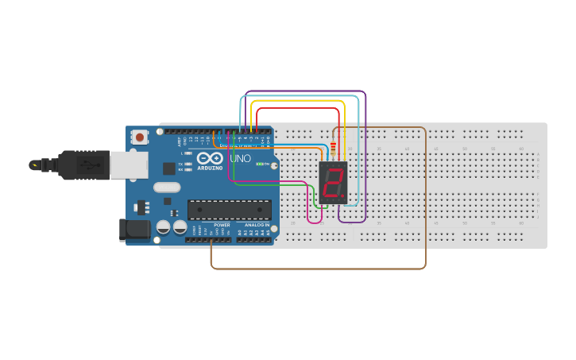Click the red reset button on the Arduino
[140, 137]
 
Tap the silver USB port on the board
[128, 165]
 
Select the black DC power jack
[133, 230]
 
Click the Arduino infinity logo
[210, 158]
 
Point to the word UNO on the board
[241, 159]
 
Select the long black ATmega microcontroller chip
[230, 210]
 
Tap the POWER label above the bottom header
[222, 225]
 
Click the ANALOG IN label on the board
[256, 225]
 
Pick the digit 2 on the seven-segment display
[333, 183]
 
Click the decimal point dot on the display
[343, 195]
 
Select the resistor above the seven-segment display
[332, 148]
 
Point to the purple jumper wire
[306, 91]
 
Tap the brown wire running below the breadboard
[318, 269]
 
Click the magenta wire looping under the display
[315, 223]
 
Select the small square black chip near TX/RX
[169, 168]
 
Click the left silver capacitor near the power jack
[163, 226]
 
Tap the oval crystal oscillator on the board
[168, 188]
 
